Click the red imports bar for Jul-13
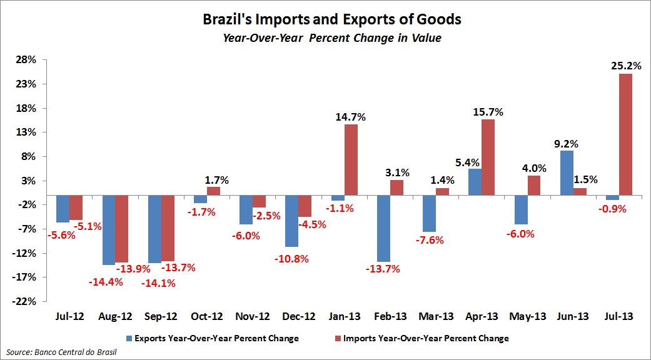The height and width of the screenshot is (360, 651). click(625, 134)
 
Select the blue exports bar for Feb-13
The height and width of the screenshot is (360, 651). click(383, 228)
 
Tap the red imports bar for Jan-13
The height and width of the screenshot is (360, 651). click(351, 159)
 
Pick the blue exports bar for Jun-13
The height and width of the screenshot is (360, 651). click(567, 172)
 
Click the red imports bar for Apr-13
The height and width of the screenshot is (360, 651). click(488, 157)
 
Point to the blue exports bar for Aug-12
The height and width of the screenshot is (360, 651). click(109, 230)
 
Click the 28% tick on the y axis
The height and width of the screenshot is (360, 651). click(27, 60)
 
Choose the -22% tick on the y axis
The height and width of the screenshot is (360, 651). click(26, 301)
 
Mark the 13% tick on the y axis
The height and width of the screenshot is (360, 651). click(27, 132)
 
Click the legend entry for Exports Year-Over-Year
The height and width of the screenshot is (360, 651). click(213, 338)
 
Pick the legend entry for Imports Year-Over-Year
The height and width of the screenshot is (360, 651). click(422, 338)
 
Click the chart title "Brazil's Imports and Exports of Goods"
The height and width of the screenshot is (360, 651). click(332, 19)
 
